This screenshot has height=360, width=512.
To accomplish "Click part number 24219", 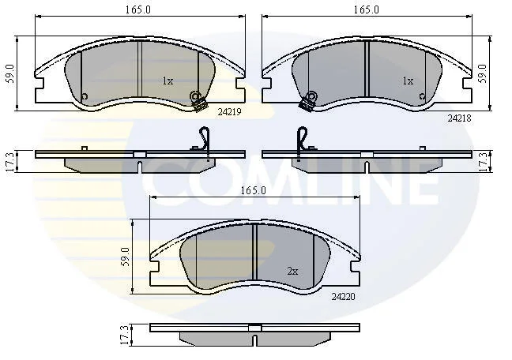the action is pos(229,112).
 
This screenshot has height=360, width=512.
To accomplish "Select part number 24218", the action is pos(459,118).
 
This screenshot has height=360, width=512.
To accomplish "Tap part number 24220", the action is pos(343,297).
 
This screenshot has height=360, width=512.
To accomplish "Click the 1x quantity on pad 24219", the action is pos(168,81).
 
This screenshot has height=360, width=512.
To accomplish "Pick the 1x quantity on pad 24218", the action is pos(408,81).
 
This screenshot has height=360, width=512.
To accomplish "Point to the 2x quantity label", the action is pos(292,272).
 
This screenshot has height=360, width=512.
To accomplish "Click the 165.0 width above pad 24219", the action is pos(138,9).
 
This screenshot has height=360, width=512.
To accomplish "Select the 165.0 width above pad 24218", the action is pos(367,9).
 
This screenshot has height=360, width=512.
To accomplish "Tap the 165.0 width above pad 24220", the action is pos(253,190).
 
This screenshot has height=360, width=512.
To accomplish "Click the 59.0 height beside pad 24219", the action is pos(10,73).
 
